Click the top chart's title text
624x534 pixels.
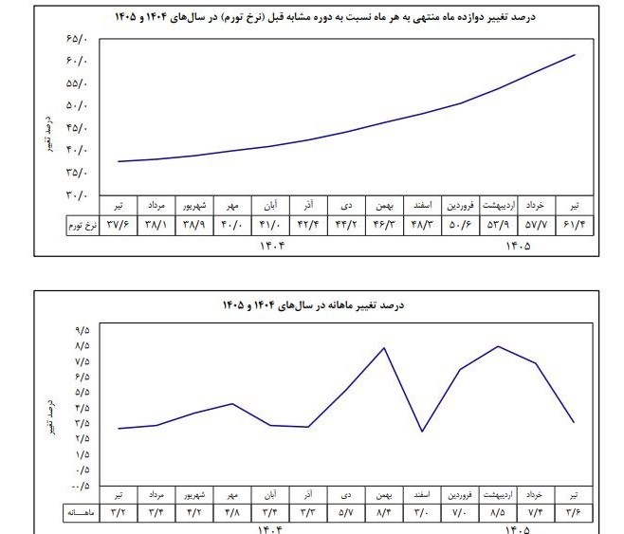click(325, 17)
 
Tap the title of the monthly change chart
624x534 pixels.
click(313, 305)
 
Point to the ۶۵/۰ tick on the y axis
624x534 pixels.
click(77, 39)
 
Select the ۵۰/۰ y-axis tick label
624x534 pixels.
click(77, 106)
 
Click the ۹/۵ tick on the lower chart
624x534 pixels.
click(83, 330)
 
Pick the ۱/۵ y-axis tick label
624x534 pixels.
click(83, 454)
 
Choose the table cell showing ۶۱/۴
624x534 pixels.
click(575, 225)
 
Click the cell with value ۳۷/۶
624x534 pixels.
click(119, 225)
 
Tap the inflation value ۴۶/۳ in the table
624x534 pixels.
click(384, 225)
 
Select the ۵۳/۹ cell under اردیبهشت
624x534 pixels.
click(498, 225)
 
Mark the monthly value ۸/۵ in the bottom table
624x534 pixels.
click(498, 512)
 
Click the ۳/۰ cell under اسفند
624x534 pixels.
click(422, 512)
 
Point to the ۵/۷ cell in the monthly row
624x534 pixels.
click(346, 512)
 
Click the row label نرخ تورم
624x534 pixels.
click(83, 226)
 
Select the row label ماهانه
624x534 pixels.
click(81, 513)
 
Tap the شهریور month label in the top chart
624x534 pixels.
click(194, 206)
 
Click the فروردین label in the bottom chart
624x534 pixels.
click(460, 495)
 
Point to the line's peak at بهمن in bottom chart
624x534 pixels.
click(384, 348)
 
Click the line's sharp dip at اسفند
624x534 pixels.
click(422, 431)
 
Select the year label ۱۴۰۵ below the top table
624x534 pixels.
click(518, 247)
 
